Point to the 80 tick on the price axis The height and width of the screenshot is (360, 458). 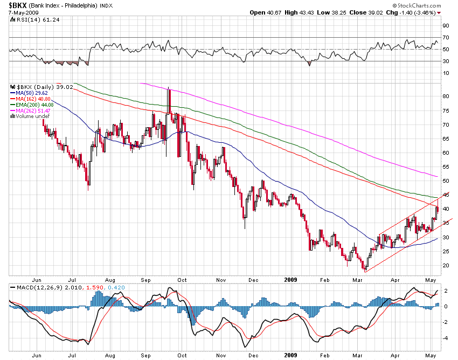coord(446,96)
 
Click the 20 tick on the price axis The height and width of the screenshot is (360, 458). coord(446,266)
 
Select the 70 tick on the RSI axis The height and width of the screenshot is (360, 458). coord(446,37)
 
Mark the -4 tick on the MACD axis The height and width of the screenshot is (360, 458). coord(446,338)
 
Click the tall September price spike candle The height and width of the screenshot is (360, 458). coord(169,100)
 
